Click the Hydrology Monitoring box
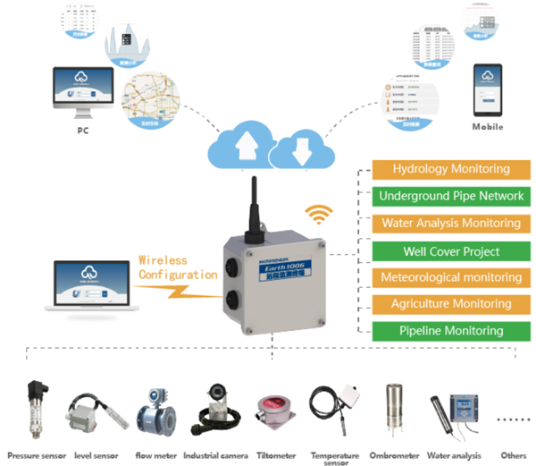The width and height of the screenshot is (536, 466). pos(451,168)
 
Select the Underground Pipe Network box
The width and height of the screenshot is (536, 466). pos(451,196)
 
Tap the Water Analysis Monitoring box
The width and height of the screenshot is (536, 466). pos(451,223)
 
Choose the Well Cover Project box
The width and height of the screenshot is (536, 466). pos(451,250)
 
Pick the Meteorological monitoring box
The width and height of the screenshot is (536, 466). pos(451,277)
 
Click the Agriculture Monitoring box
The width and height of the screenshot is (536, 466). pos(451,304)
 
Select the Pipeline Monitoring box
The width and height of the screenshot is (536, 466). pos(451,331)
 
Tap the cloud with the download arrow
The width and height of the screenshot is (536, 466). pos(298,148)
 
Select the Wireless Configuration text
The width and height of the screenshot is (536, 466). pos(176,267)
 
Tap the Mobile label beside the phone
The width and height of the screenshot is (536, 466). pos(487,127)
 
